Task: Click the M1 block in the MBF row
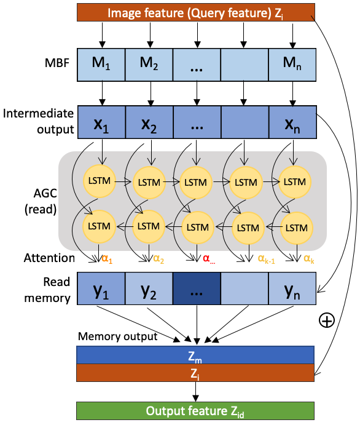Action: [x=101, y=65]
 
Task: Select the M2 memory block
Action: [x=149, y=65]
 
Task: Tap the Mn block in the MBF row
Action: [x=292, y=65]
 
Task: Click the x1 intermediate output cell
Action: [x=102, y=122]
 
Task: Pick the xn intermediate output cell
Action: [x=292, y=122]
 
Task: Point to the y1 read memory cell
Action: [x=101, y=288]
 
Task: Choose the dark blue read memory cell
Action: [x=197, y=288]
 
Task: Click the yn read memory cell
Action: [x=292, y=288]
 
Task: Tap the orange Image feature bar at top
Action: [x=196, y=12]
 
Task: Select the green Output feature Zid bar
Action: [x=195, y=411]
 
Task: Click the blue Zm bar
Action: [x=195, y=355]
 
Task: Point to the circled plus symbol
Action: [x=327, y=320]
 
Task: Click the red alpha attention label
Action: [x=209, y=259]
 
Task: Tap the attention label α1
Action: [x=107, y=259]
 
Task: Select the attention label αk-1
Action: [x=267, y=259]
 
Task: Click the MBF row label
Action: [x=57, y=63]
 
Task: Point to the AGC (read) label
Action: [x=41, y=201]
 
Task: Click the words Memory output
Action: [x=118, y=336]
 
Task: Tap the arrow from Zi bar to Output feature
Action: [x=195, y=392]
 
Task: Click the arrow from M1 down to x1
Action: [x=102, y=93]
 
